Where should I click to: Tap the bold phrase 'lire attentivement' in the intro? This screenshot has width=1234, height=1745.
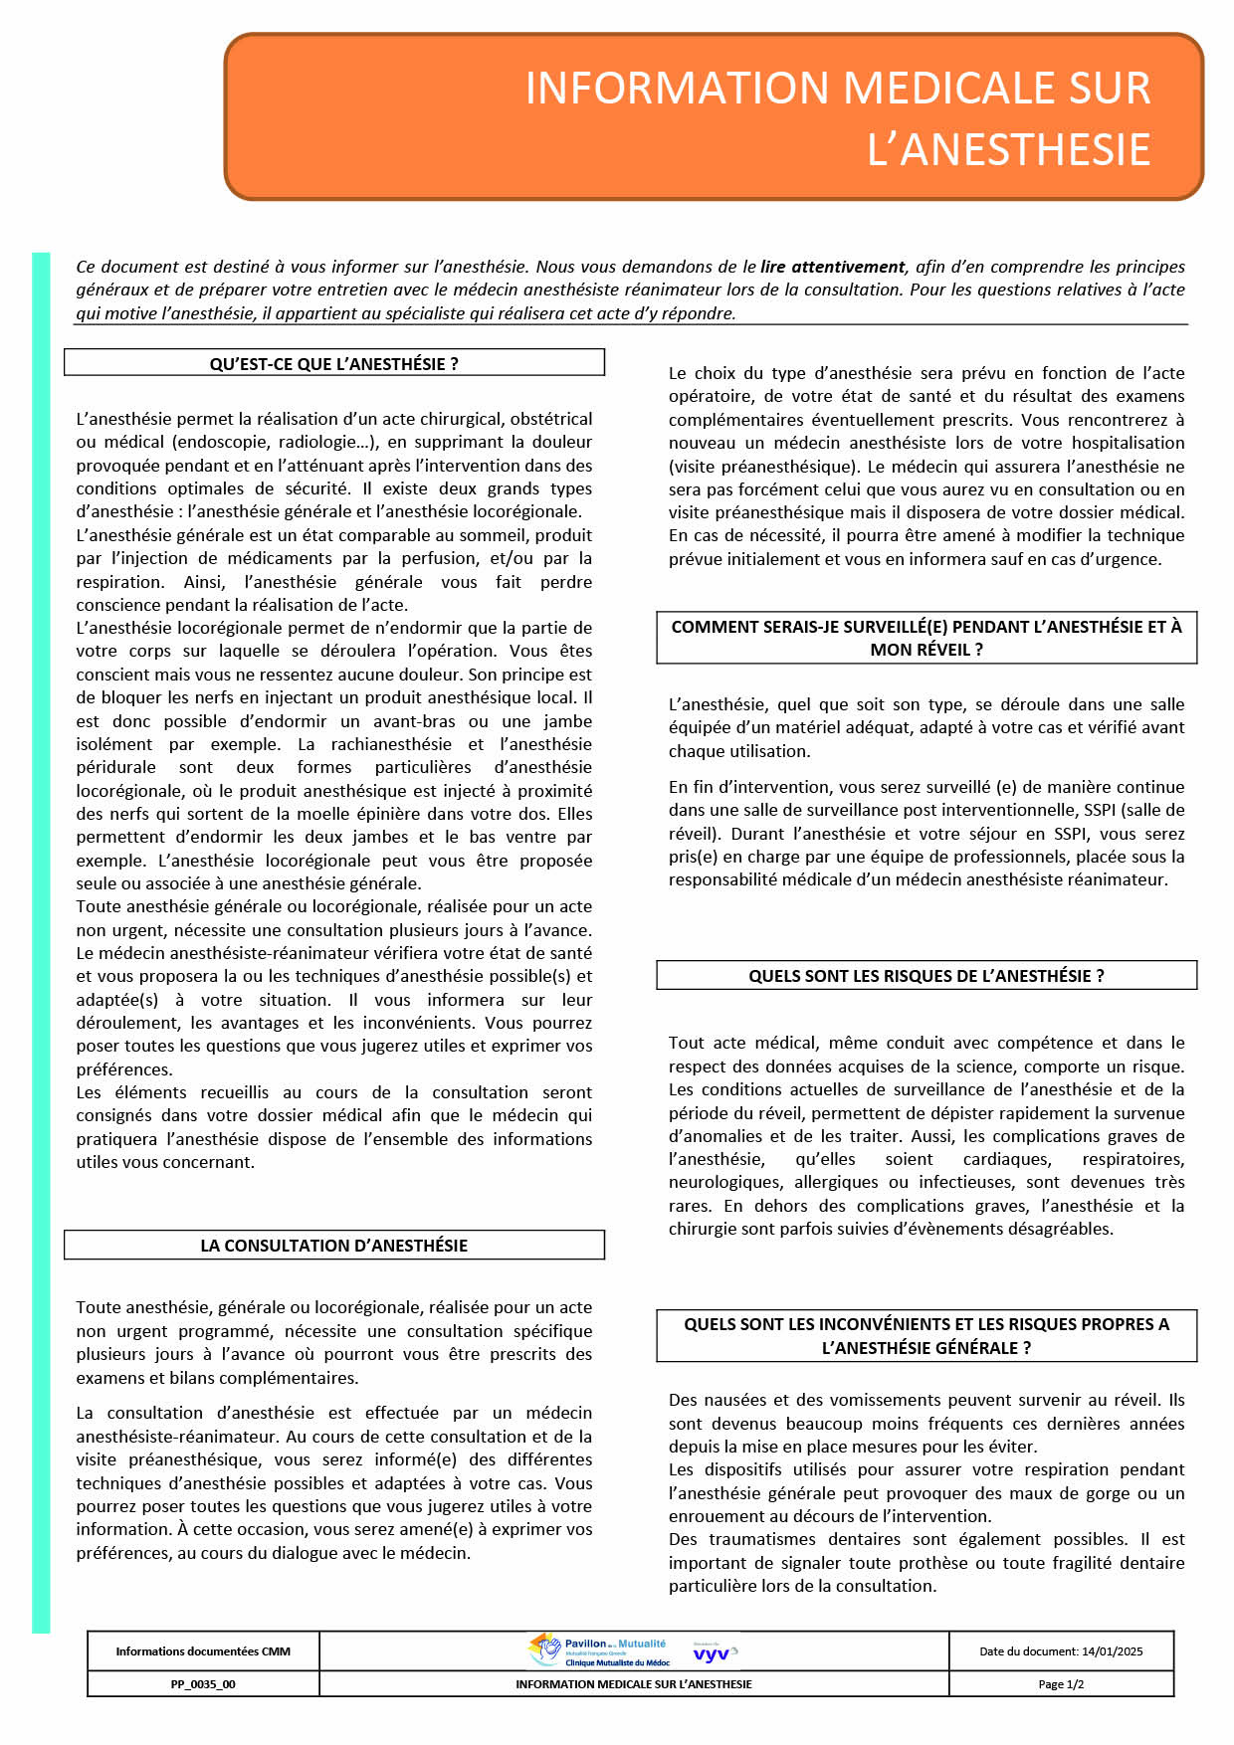click(833, 267)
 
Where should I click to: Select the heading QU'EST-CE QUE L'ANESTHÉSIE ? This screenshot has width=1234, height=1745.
click(333, 364)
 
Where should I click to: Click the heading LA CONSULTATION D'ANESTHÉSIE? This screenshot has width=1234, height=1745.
click(333, 1246)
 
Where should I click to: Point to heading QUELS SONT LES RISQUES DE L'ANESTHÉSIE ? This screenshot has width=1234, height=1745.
click(925, 976)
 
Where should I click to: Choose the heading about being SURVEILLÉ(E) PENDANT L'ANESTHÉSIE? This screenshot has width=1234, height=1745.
click(925, 638)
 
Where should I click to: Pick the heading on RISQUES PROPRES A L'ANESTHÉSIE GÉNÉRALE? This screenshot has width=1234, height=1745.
click(925, 1336)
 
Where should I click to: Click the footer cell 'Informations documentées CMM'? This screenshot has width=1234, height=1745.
click(203, 1651)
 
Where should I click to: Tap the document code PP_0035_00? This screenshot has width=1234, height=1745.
click(203, 1684)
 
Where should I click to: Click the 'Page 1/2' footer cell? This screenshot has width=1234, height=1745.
click(1061, 1684)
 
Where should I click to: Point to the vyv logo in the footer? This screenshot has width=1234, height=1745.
click(712, 1653)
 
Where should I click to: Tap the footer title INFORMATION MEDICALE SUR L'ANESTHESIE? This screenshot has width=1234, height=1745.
click(634, 1684)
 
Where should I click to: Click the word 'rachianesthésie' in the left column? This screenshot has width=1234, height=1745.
click(391, 744)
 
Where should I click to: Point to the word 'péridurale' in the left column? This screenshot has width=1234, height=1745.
click(116, 767)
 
